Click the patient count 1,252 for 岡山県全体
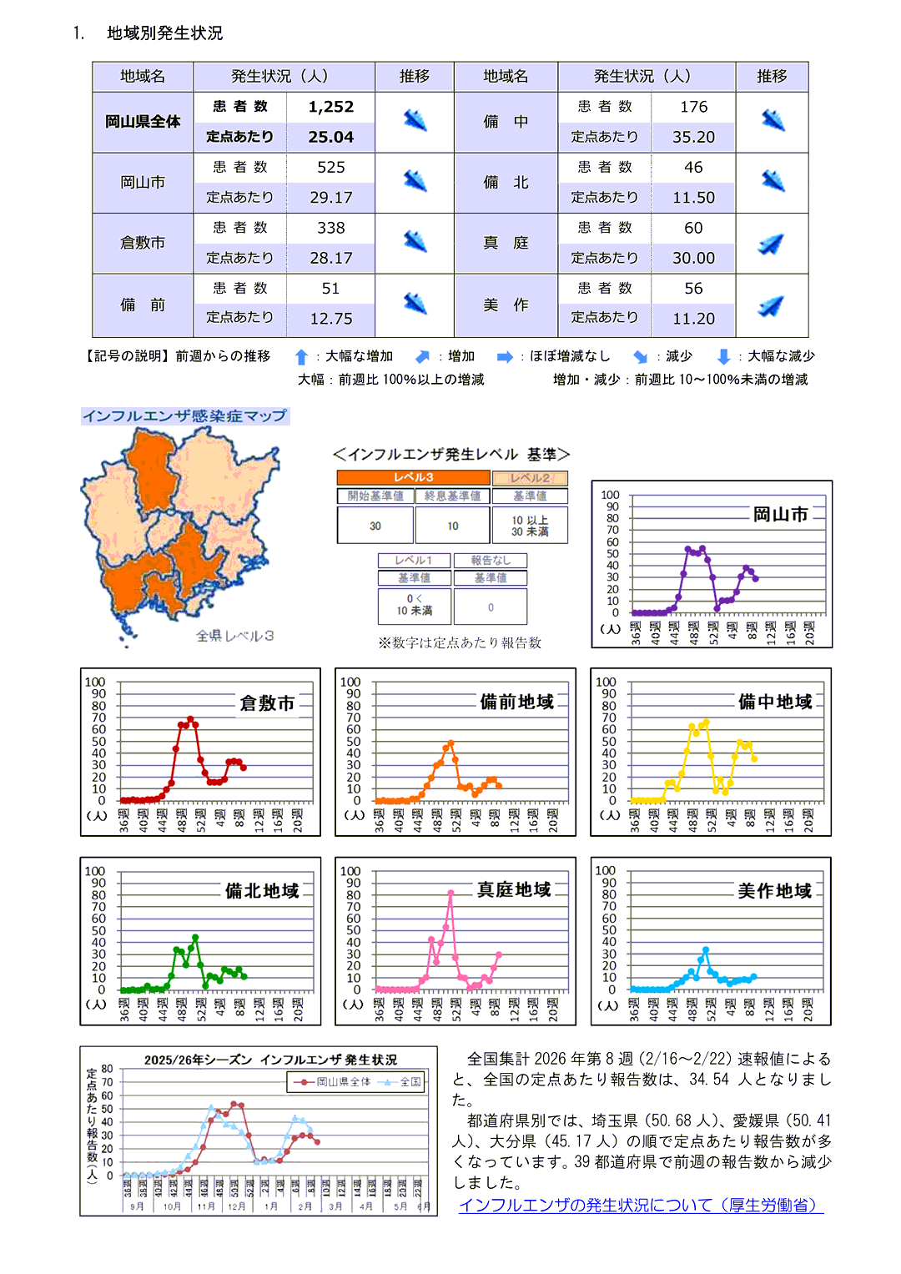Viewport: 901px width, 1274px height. [330, 107]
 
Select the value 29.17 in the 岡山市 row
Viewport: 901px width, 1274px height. [330, 198]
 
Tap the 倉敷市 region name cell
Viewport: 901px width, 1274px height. [143, 243]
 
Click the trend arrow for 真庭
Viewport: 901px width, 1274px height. [772, 244]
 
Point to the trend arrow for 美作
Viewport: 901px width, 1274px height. [772, 305]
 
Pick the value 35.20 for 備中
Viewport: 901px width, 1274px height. [693, 137]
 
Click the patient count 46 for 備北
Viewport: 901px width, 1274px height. [693, 167]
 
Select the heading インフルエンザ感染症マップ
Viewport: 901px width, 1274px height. [184, 415]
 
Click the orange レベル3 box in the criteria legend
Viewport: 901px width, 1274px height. [413, 477]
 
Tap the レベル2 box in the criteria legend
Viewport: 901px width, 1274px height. [530, 478]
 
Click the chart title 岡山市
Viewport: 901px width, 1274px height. [780, 514]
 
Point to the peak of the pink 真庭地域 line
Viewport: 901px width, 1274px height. [450, 893]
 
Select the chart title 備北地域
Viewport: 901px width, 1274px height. [262, 891]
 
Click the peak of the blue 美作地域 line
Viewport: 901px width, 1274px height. [706, 949]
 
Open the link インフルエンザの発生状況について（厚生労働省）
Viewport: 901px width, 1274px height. [641, 1206]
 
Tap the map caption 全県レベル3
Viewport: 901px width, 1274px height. [234, 636]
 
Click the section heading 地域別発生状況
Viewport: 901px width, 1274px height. [164, 33]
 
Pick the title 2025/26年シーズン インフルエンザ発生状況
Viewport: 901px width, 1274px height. [270, 1060]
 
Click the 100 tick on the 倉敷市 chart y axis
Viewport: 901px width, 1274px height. [95, 682]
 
